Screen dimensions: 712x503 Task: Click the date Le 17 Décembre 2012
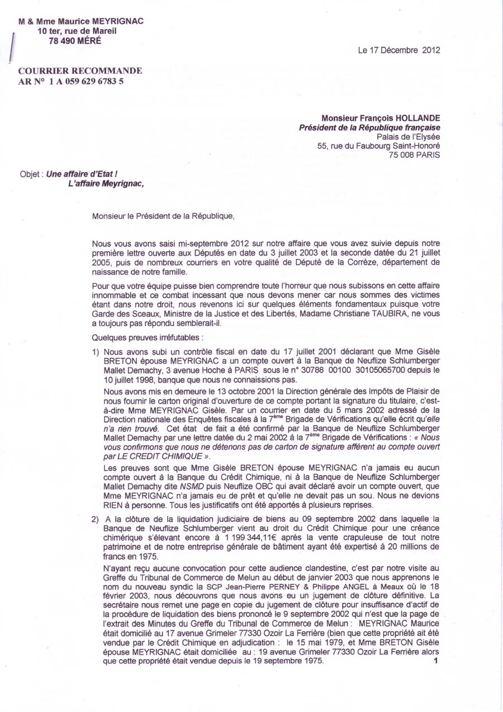pos(399,50)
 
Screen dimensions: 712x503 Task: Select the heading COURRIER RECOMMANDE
pos(80,71)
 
